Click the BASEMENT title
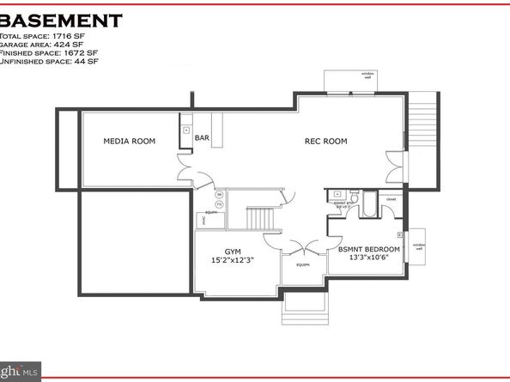(60, 20)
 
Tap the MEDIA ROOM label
(129, 141)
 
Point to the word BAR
(203, 137)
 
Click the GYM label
(230, 252)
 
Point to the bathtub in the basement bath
(368, 206)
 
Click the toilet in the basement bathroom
(338, 196)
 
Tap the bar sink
(186, 130)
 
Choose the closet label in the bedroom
(390, 199)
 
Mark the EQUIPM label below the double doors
(303, 265)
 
